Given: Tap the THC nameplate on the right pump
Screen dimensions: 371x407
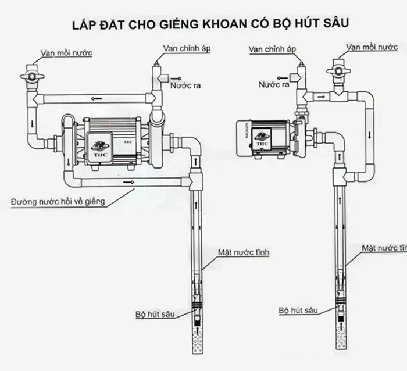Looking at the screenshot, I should click(x=262, y=138).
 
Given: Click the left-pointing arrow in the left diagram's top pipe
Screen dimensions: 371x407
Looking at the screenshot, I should click(x=38, y=99).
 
